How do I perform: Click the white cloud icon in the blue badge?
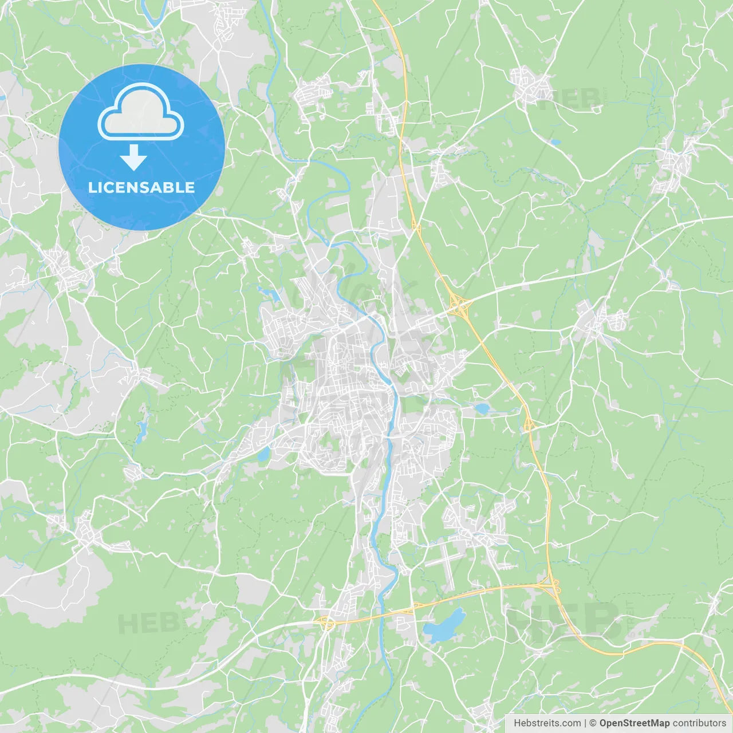pyautogui.click(x=141, y=112)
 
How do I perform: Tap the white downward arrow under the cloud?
pyautogui.click(x=134, y=157)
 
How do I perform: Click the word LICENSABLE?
pyautogui.click(x=141, y=187)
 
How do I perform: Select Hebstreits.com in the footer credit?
pyautogui.click(x=547, y=723)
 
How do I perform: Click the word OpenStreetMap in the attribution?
pyautogui.click(x=634, y=723)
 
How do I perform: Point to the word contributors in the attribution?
pyautogui.click(x=699, y=723)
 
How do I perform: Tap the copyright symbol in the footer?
pyautogui.click(x=593, y=723)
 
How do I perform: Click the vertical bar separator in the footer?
pyautogui.click(x=585, y=723)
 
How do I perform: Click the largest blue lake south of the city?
pyautogui.click(x=444, y=626)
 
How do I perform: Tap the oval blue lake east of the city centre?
pyautogui.click(x=482, y=409)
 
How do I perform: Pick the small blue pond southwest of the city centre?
pyautogui.click(x=263, y=455)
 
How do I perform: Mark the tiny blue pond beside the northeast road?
pyautogui.click(x=554, y=141)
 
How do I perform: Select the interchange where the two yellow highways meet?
pyautogui.click(x=550, y=585)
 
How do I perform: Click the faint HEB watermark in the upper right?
pyautogui.click(x=570, y=98)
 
